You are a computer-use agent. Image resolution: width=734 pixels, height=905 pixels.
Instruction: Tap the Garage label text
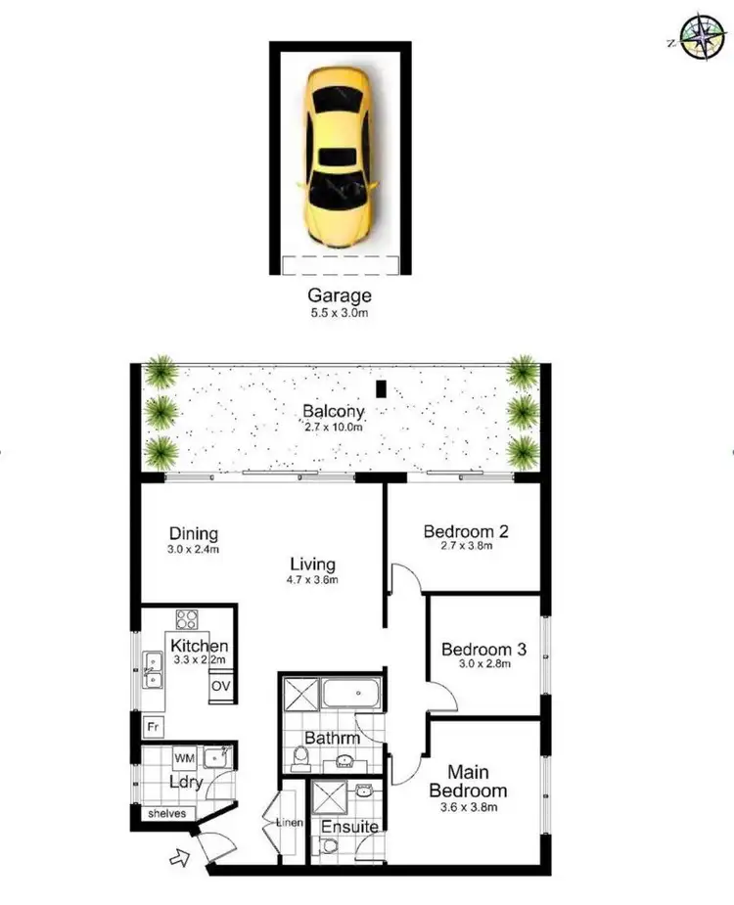[x=340, y=295]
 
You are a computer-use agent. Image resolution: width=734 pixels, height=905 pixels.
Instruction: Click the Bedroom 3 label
[x=484, y=649]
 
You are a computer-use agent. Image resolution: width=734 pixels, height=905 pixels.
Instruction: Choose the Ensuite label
[x=349, y=827]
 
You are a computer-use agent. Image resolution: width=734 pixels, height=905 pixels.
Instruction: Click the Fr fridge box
[x=153, y=727]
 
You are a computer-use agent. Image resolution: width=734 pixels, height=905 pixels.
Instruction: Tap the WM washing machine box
[x=183, y=757]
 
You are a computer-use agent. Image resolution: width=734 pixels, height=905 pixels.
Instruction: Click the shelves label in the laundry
[x=165, y=813]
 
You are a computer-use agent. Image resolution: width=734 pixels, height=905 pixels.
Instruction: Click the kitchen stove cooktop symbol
[x=186, y=619]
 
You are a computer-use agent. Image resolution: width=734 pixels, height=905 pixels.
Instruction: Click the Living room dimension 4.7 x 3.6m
[x=312, y=579]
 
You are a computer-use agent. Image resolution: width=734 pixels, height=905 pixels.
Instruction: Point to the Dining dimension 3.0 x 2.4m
[x=193, y=549]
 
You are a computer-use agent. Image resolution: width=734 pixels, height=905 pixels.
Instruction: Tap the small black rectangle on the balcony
[x=383, y=387]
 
